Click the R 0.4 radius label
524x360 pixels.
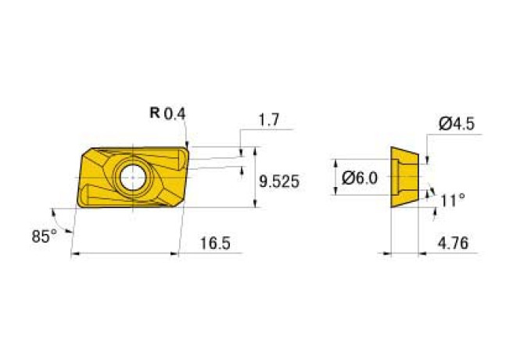pos(167,113)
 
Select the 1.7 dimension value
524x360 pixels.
pos(269,120)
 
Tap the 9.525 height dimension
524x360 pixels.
pos(279,182)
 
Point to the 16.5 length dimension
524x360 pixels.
pos(215,243)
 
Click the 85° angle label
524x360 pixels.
pos(44,236)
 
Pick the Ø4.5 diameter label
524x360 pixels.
pos(457,124)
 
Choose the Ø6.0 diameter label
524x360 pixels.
pos(360,178)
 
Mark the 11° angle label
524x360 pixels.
pos(452,200)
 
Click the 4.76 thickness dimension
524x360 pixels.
pos(453,243)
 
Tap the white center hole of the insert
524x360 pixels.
pos(133,177)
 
